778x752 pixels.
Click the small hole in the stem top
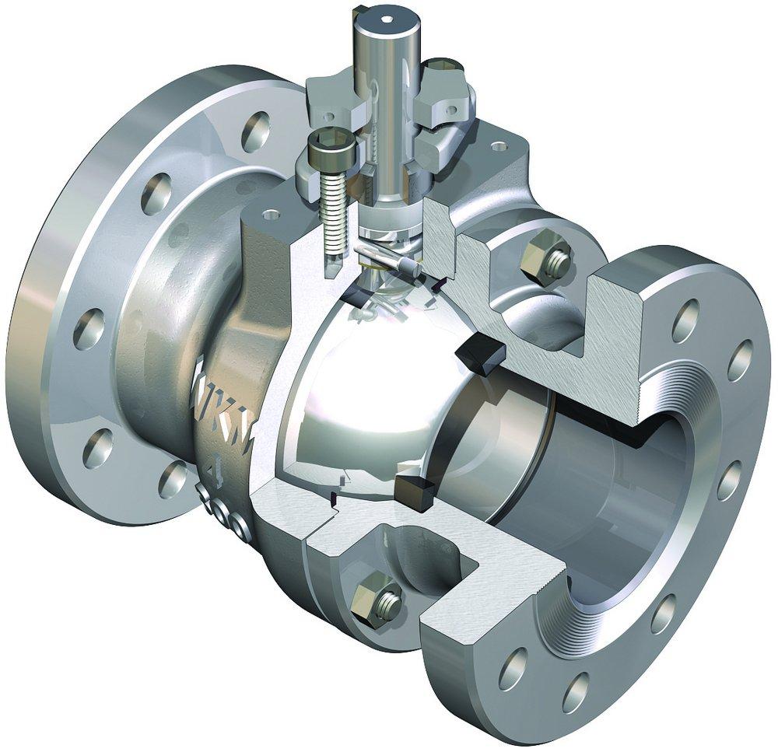pos(387,15)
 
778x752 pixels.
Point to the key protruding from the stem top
pos(359,12)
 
